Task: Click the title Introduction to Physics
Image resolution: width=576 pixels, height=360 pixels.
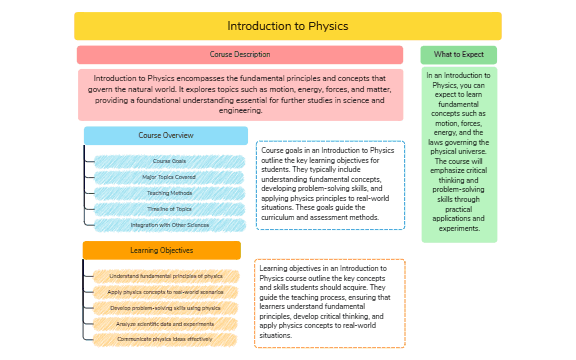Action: coord(287,26)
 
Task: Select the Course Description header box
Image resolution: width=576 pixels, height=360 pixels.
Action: coord(240,54)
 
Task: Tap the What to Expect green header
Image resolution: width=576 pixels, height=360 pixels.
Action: coord(458,54)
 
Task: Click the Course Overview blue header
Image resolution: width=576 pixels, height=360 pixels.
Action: coord(165,135)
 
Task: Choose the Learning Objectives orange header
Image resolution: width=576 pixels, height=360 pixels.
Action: coord(161,250)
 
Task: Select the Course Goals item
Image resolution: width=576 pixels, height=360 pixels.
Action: coord(169,161)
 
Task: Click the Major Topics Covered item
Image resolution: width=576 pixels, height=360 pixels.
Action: coord(169,177)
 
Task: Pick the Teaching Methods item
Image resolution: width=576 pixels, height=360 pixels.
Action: coord(169,193)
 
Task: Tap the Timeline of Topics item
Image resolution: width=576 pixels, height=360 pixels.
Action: coord(169,209)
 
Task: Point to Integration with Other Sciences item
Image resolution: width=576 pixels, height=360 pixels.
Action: coord(169,225)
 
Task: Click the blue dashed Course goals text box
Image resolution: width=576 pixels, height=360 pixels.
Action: coord(330,185)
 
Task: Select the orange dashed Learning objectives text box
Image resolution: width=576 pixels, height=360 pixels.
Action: coord(330,302)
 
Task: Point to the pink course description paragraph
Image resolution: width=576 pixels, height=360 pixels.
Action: coord(240,94)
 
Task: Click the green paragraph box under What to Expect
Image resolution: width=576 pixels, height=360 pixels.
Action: coord(459,155)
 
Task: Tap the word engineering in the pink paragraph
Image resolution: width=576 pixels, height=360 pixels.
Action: coord(240,111)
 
